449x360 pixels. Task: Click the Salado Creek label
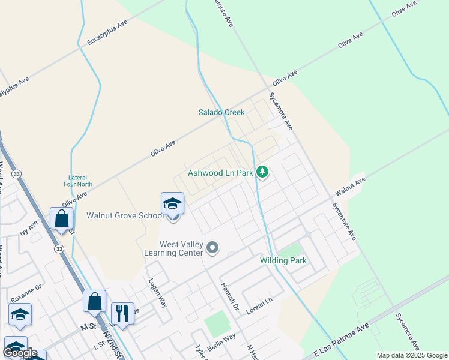pyautogui.click(x=221, y=112)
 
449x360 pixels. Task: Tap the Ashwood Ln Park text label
pyautogui.click(x=220, y=173)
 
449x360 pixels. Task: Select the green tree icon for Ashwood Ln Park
pyautogui.click(x=262, y=173)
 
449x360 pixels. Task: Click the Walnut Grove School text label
pyautogui.click(x=124, y=215)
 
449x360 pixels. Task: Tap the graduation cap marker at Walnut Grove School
pyautogui.click(x=172, y=203)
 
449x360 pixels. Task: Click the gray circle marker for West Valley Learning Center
pyautogui.click(x=212, y=247)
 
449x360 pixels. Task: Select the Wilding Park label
pyautogui.click(x=283, y=260)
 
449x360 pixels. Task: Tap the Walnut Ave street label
pyautogui.click(x=350, y=186)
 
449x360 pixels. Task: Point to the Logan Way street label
pyautogui.click(x=157, y=293)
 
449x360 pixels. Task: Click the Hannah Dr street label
pyautogui.click(x=230, y=297)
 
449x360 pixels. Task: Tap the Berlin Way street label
pyautogui.click(x=222, y=343)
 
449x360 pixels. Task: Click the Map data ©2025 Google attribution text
pyautogui.click(x=412, y=355)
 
